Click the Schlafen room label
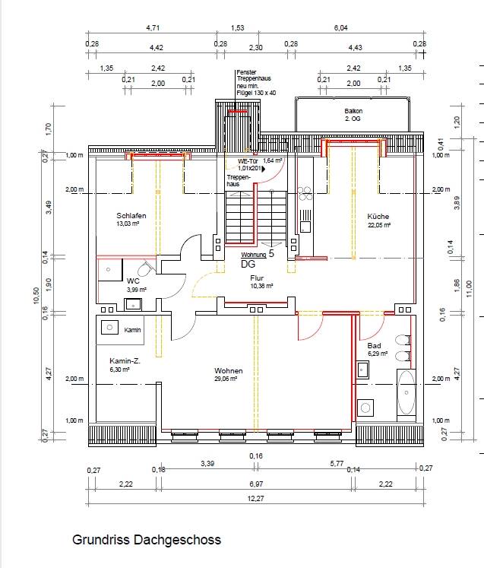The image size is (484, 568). click(131, 215)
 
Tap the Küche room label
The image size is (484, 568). click(378, 216)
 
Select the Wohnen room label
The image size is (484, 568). click(229, 370)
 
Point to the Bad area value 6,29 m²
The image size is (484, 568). click(378, 354)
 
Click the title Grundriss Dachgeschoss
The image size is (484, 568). click(147, 540)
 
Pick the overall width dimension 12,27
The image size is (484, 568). click(255, 499)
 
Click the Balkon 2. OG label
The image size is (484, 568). click(353, 115)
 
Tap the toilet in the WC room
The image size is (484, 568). click(146, 268)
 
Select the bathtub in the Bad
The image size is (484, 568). click(406, 392)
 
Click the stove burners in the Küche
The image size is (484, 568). click(305, 193)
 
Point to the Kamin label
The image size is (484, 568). click(132, 330)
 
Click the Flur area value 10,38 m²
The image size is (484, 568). click(261, 286)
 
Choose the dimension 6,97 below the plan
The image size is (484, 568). click(256, 484)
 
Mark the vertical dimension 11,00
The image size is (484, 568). click(470, 289)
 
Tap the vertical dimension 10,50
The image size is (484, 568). click(36, 295)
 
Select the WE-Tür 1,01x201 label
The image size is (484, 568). click(250, 165)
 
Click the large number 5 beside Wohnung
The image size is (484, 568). click(271, 253)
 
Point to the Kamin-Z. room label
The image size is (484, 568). click(125, 360)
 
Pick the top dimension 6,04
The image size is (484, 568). click(340, 28)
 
